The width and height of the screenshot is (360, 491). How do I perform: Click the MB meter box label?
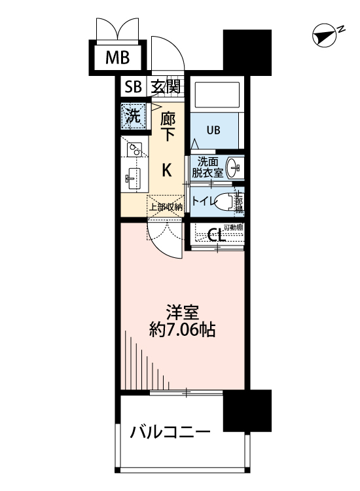pos(118,58)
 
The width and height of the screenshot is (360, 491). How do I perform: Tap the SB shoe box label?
pos(134,86)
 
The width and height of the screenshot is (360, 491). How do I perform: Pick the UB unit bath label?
pos(213,129)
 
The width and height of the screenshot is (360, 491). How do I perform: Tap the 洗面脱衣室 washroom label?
pos(207,168)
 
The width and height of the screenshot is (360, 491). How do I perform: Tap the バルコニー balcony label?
pos(170,432)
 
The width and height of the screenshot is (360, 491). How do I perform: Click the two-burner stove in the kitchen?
pos(135,151)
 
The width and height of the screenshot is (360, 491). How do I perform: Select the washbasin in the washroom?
pos(234,167)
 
